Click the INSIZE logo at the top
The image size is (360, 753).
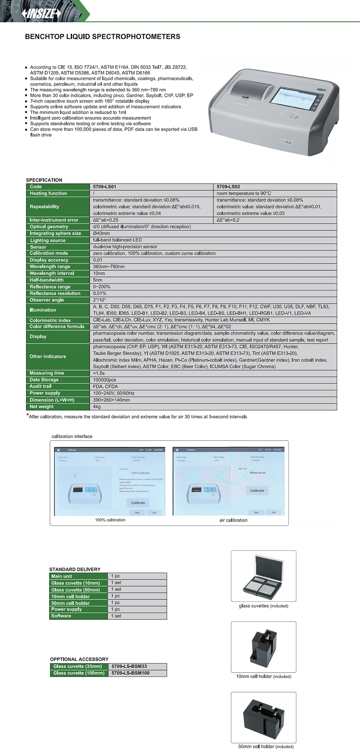pyautogui.click(x=42, y=14)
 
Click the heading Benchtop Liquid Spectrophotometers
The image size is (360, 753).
pyautogui.click(x=102, y=37)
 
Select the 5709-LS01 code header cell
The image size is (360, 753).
pyautogui.click(x=105, y=187)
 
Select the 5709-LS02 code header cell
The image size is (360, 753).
pyautogui.click(x=228, y=187)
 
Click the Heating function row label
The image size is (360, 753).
pyautogui.click(x=48, y=194)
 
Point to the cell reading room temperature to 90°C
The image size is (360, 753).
pyautogui.click(x=244, y=194)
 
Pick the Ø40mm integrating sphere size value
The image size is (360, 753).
pyautogui.click(x=102, y=233)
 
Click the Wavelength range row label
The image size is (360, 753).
pyautogui.click(x=50, y=267)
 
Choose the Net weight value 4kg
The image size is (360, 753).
pyautogui.click(x=97, y=407)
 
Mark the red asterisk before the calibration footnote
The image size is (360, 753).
pyautogui.click(x=28, y=415)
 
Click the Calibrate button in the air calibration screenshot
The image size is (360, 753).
pyautogui.click(x=257, y=491)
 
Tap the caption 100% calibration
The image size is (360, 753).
pyautogui.click(x=110, y=520)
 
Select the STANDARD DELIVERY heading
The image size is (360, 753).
pyautogui.click(x=75, y=569)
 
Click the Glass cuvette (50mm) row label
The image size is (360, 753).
pyautogui.click(x=76, y=590)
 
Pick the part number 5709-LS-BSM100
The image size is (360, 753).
pyautogui.click(x=130, y=673)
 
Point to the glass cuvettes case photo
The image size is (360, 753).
pyautogui.click(x=264, y=576)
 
